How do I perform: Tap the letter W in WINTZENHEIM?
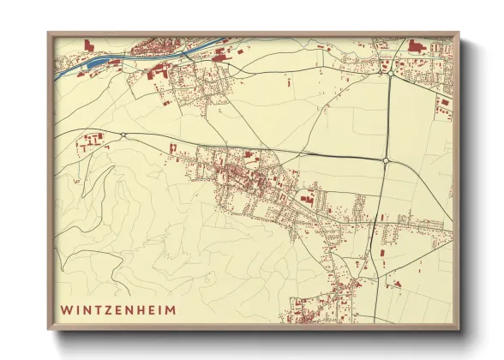tap(66, 308)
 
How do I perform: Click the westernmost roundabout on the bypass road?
tap(123, 135)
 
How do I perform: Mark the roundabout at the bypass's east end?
tap(387, 160)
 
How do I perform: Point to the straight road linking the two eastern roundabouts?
tap(387, 117)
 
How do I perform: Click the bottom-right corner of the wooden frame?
tap(458, 329)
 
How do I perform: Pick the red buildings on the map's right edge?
tap(443, 106)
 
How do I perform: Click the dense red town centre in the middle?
tap(244, 176)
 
